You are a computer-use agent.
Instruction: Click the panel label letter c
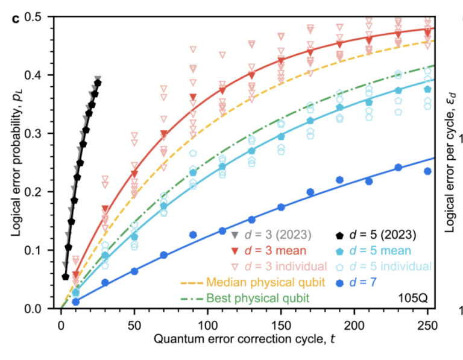tap(16, 16)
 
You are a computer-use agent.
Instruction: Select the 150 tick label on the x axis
tap(280, 323)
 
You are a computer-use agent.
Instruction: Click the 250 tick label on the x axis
tap(427, 323)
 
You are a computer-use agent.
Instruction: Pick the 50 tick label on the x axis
tap(134, 323)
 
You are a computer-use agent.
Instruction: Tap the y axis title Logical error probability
tap(13, 163)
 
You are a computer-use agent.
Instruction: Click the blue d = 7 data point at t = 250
tap(427, 171)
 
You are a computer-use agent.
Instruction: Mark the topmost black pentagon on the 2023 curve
tap(98, 83)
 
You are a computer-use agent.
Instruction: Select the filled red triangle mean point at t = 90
tap(193, 97)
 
